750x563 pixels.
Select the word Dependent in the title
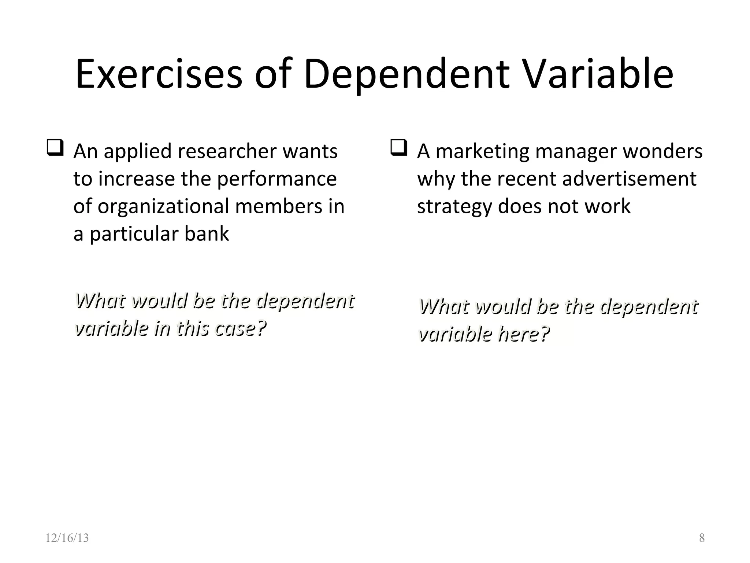click(x=406, y=75)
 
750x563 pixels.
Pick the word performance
click(x=277, y=179)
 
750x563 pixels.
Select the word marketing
click(x=482, y=151)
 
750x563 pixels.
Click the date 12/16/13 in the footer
click(x=67, y=538)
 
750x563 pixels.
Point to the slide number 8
click(x=702, y=538)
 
